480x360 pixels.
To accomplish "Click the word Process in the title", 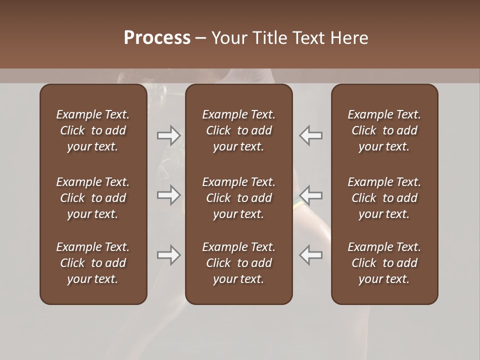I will tap(157, 38).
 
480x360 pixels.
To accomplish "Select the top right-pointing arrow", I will tap(168, 135).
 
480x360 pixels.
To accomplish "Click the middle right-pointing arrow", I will tap(168, 194).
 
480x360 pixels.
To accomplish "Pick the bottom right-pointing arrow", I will tap(168, 255).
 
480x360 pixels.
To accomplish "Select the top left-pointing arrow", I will tap(310, 135).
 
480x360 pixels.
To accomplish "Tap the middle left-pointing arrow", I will tap(310, 194).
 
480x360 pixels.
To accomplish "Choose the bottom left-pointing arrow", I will tap(310, 255).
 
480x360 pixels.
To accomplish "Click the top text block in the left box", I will tap(93, 130).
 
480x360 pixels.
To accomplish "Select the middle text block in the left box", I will tap(93, 198).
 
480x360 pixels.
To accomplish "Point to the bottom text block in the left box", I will tap(93, 263).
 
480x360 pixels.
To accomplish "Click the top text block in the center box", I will tap(238, 130).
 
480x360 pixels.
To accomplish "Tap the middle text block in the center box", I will tap(238, 198).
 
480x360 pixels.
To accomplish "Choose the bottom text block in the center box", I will tap(238, 263).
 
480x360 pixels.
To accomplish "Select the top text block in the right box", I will tap(384, 130).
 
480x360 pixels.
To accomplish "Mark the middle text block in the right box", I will tap(384, 198).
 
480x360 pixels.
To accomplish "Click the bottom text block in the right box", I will tap(384, 263).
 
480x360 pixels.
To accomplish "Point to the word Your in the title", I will tap(228, 38).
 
